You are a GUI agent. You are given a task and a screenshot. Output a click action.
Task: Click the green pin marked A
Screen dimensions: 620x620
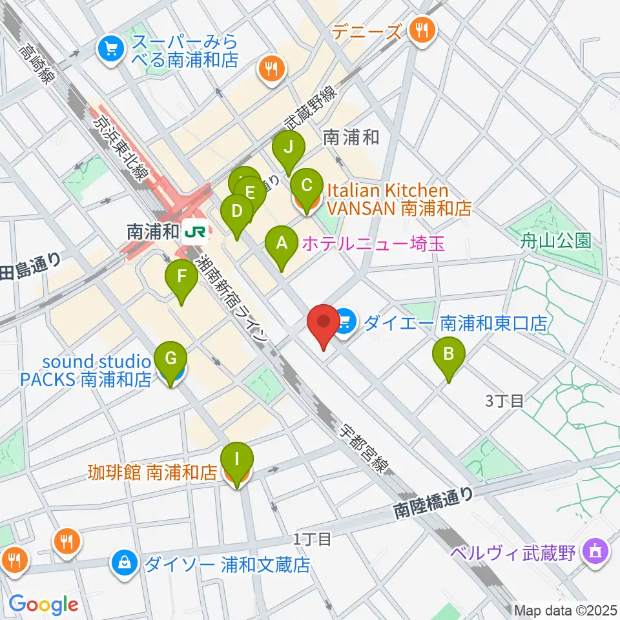pyautogui.click(x=281, y=244)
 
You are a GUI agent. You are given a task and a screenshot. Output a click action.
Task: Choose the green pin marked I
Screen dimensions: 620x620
pyautogui.click(x=237, y=461)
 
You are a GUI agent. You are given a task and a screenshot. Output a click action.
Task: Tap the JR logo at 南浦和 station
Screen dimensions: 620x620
pyautogui.click(x=194, y=231)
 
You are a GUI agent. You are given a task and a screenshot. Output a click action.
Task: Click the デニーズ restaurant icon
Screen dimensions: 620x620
pyautogui.click(x=423, y=29)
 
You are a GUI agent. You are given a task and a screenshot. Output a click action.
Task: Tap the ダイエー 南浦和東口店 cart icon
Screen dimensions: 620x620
pyautogui.click(x=345, y=321)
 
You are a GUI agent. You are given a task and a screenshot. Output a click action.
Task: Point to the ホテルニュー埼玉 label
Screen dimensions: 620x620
pyautogui.click(x=374, y=243)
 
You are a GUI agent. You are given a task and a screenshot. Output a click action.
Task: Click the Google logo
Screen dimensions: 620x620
pyautogui.click(x=43, y=604)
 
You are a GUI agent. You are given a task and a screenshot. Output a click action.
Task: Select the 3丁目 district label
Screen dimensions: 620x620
pyautogui.click(x=504, y=401)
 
